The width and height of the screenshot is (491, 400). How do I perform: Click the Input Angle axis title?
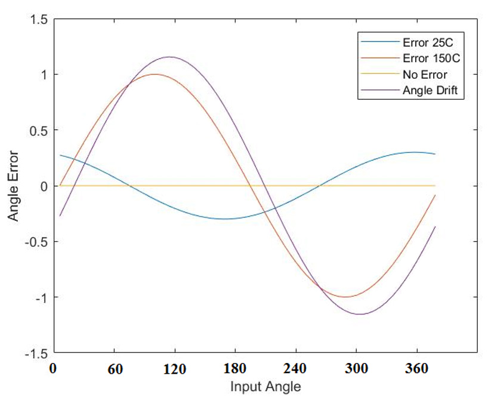click(x=265, y=386)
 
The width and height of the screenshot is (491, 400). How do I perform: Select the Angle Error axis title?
click(x=14, y=186)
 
